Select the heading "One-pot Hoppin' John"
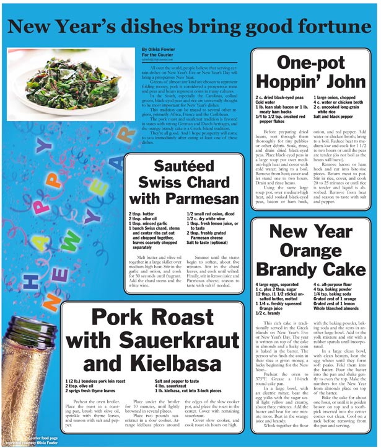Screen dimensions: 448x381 click(311, 73)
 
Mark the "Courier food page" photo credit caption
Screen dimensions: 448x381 click(42, 438)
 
